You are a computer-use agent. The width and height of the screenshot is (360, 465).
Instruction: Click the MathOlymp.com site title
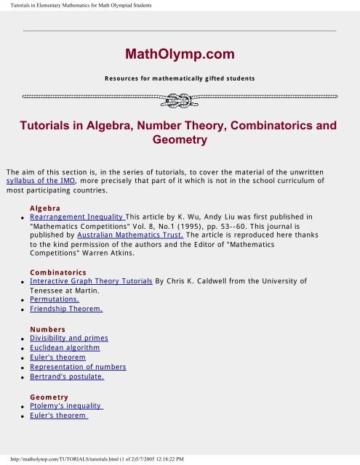pyautogui.click(x=179, y=54)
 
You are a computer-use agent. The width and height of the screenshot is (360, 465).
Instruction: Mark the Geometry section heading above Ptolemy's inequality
pyautogui.click(x=49, y=397)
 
